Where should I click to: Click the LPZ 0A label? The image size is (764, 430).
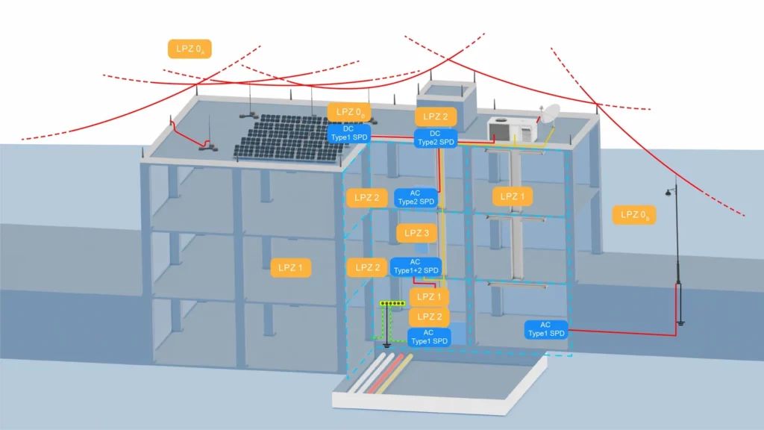(190, 49)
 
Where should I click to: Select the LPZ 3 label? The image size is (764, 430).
(416, 233)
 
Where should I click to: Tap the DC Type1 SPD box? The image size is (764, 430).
(349, 133)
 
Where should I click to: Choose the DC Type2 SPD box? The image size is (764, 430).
(436, 137)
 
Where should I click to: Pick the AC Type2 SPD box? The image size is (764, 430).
(416, 197)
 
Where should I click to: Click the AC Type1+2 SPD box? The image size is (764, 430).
(416, 267)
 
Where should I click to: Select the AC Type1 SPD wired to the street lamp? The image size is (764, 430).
(545, 329)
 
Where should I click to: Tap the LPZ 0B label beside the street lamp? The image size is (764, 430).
(635, 215)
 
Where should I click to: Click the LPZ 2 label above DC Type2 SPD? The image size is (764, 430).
(436, 116)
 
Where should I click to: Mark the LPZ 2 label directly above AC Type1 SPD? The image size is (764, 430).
(429, 317)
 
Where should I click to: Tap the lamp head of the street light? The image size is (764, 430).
(668, 193)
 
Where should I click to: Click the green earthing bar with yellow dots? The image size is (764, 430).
(393, 304)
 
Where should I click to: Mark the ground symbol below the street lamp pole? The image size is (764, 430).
(680, 323)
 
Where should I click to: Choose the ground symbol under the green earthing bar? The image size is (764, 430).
(386, 345)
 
